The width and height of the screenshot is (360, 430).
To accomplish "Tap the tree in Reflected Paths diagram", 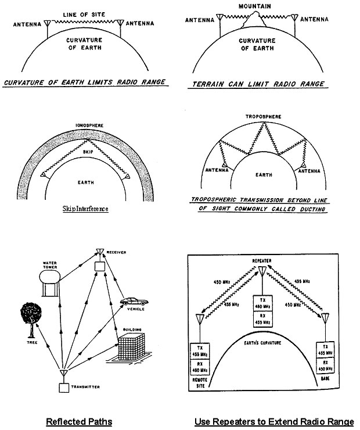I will [x=28, y=318].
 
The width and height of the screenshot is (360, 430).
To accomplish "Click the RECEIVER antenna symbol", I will [x=100, y=253].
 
